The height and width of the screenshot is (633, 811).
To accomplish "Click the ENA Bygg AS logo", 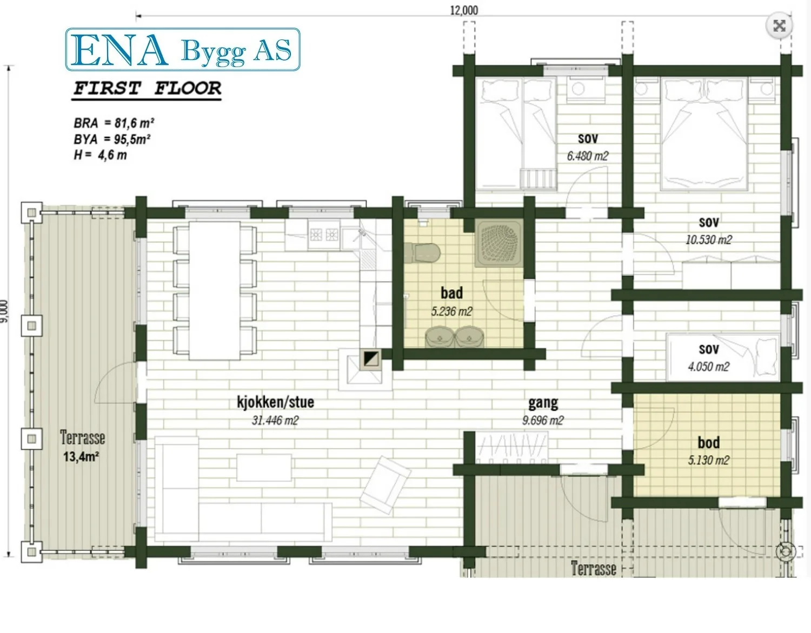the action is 183,49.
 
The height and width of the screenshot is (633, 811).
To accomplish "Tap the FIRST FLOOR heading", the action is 147,89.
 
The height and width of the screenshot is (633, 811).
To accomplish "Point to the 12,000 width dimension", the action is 463,10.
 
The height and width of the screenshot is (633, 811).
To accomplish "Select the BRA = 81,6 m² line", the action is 114,123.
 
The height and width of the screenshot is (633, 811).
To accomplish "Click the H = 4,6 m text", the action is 100,155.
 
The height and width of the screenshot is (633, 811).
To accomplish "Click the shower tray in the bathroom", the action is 498,243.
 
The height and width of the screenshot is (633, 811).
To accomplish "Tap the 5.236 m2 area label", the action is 451,311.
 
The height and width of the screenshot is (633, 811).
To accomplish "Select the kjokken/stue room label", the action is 275,402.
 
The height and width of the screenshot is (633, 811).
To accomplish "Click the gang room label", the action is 543,403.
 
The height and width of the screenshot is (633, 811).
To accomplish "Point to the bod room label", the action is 708,443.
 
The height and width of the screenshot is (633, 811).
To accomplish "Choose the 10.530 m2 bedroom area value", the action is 708,239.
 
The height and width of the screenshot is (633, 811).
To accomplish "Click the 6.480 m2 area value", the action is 588,156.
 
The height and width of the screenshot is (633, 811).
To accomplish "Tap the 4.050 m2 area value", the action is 708,367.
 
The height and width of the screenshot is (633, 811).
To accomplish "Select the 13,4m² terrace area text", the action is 81,457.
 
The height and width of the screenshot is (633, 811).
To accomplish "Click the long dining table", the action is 215,291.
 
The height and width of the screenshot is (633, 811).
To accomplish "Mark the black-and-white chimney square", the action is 371,359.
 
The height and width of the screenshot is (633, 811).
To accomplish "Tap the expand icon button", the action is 779,26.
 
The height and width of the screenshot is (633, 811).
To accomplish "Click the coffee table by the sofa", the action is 264,468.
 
